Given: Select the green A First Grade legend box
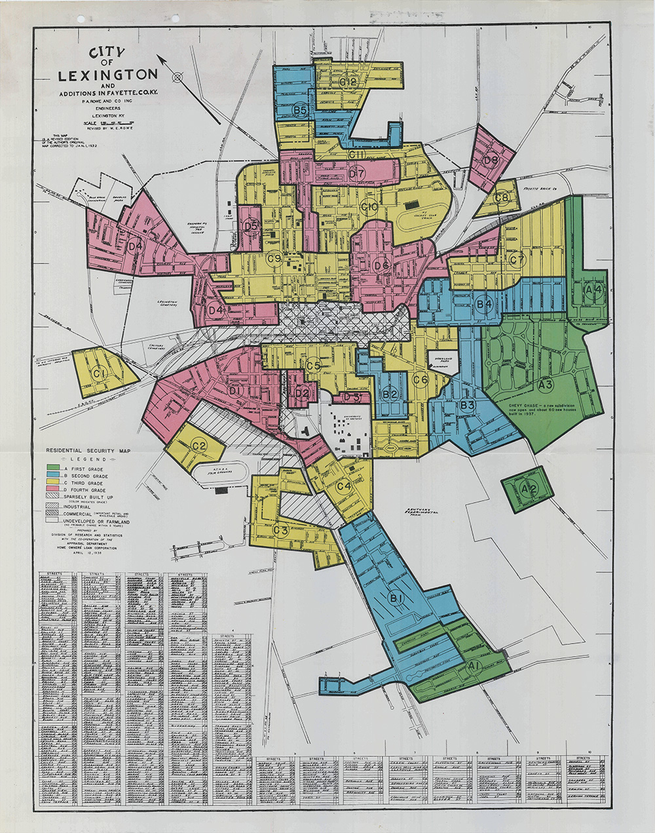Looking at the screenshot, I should point(52,467).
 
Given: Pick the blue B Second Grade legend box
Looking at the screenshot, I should point(52,475).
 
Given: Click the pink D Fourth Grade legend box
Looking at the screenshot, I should point(52,490).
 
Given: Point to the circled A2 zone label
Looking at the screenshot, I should point(529,489).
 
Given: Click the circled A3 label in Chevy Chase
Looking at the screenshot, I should point(546,384).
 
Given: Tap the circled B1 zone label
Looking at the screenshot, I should point(396,598).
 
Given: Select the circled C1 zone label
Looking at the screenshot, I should point(100,374).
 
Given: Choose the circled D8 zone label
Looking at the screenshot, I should point(491,159).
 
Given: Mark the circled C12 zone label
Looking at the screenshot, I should point(348,83).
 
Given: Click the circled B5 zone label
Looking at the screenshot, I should point(301,110).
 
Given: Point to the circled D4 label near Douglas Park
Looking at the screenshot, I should point(136,246).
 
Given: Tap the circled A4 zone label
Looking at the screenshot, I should point(593,288).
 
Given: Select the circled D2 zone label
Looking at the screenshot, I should point(301,393).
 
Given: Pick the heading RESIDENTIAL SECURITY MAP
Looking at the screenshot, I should point(88,452).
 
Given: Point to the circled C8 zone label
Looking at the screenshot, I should point(502,197).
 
